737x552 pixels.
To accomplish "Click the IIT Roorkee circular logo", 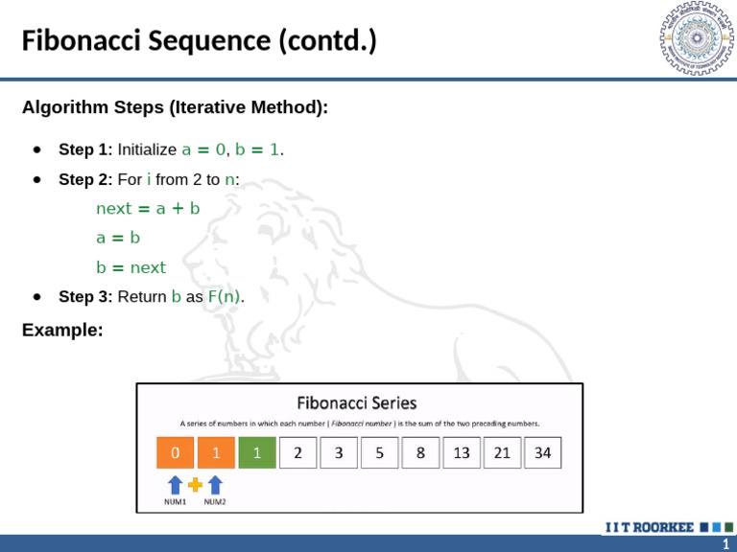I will pyautogui.click(x=695, y=39).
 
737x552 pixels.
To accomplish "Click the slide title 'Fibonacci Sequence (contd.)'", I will pyautogui.click(x=199, y=41).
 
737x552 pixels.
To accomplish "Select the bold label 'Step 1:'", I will pyautogui.click(x=85, y=149).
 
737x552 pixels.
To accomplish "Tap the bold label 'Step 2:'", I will pyautogui.click(x=85, y=179).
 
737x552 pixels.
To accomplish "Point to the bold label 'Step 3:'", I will pyautogui.click(x=85, y=297).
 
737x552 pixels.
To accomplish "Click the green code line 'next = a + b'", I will pyautogui.click(x=148, y=208).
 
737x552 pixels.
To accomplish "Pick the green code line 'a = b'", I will pyautogui.click(x=118, y=238).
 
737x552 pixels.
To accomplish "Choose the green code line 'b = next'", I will pyautogui.click(x=131, y=267).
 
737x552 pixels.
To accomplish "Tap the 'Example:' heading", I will pyautogui.click(x=62, y=331).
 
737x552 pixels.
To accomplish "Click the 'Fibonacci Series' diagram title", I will pyautogui.click(x=357, y=402).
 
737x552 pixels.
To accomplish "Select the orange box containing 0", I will pyautogui.click(x=175, y=453).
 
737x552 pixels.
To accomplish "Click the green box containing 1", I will pyautogui.click(x=257, y=453).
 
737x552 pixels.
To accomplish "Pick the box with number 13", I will pyautogui.click(x=462, y=453).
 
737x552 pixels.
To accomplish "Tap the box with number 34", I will pyautogui.click(x=543, y=453).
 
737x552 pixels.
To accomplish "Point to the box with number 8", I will pyautogui.click(x=420, y=453).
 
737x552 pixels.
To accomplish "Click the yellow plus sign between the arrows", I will pyautogui.click(x=195, y=485).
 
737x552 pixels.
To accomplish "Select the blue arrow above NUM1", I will pyautogui.click(x=175, y=485).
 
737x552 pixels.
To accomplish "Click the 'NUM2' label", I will pyautogui.click(x=215, y=501).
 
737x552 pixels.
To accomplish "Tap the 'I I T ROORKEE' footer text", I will pyautogui.click(x=648, y=527).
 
